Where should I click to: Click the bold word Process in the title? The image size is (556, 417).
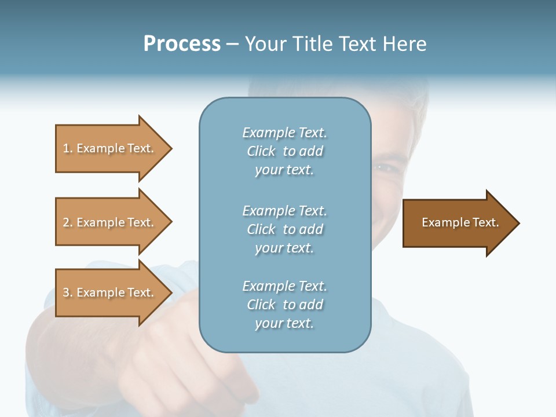coord(182,44)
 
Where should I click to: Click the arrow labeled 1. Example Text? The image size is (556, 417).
coord(110,148)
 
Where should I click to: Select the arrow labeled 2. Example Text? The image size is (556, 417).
coord(110,222)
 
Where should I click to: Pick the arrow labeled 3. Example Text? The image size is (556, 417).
coord(110,292)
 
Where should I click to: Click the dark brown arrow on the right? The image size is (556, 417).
coord(458,222)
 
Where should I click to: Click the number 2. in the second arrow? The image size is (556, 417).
coord(68,222)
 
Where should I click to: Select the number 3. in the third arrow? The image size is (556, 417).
coord(68,292)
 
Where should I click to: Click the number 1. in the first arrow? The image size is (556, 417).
coord(68,148)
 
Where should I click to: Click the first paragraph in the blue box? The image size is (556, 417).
coord(284,151)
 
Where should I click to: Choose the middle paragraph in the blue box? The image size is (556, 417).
coord(284,229)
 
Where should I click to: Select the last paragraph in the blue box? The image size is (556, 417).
coord(284,305)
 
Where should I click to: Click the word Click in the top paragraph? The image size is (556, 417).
coord(261,151)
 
